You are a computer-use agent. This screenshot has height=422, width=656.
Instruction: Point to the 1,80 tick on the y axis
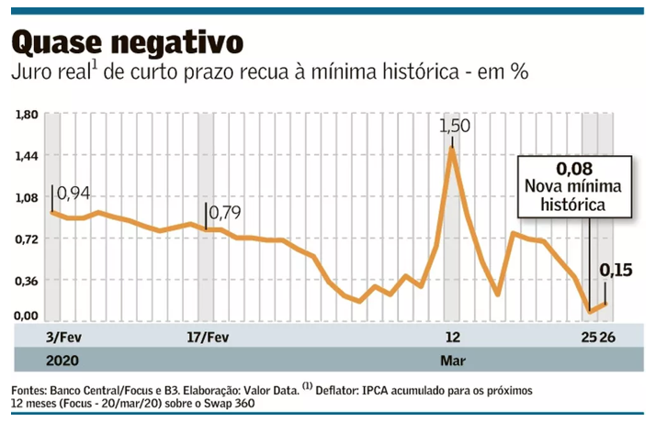click(26, 115)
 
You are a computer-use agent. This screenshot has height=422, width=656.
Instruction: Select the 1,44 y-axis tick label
click(26, 156)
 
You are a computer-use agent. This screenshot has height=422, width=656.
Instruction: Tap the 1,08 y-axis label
click(26, 197)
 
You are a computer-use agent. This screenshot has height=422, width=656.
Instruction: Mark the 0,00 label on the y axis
click(26, 316)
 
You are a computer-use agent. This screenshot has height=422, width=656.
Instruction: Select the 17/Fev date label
click(208, 337)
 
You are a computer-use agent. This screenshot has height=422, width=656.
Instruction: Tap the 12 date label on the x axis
click(451, 337)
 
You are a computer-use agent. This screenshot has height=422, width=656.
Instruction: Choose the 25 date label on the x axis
click(589, 337)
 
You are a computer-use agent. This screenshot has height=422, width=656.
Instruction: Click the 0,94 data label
click(75, 194)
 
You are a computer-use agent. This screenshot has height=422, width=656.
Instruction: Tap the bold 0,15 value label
click(616, 270)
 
